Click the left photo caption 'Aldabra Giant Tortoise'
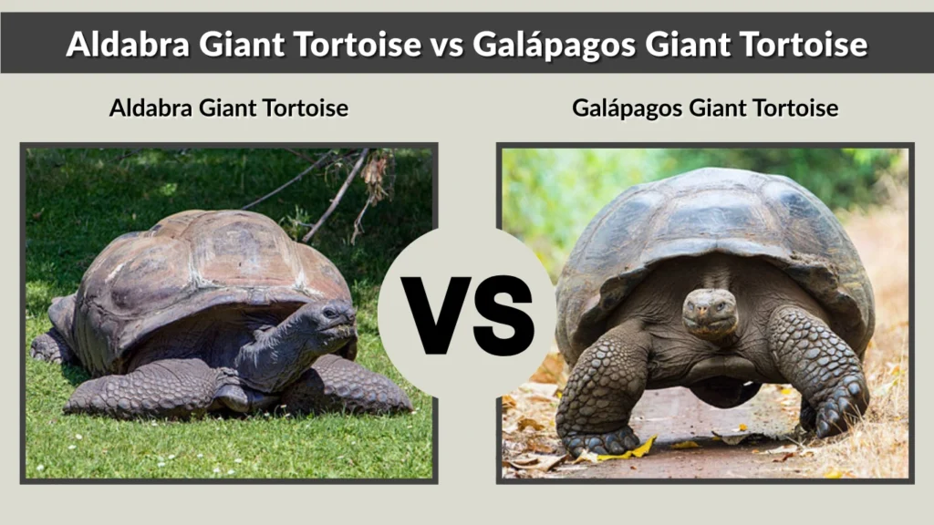(x=228, y=108)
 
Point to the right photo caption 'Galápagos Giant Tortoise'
(x=705, y=108)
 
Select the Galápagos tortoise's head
(x=711, y=310)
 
